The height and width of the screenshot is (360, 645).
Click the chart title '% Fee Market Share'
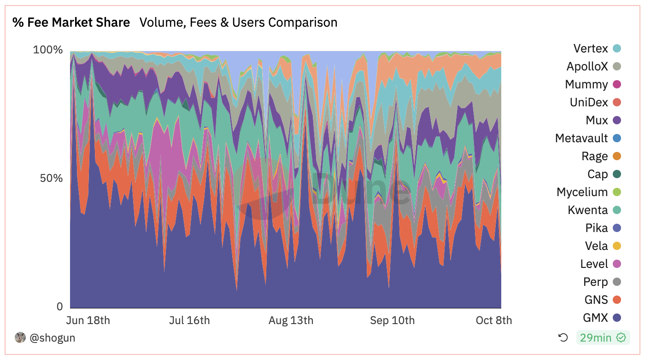tap(71, 22)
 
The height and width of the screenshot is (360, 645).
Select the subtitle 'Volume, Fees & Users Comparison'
tap(238, 22)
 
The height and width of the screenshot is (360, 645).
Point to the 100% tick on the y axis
tap(47, 50)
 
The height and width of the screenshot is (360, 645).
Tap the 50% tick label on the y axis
tap(51, 178)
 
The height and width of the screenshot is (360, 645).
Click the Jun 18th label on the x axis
tap(88, 320)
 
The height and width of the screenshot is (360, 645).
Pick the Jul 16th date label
tap(189, 320)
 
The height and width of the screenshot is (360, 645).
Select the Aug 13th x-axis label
tap(291, 320)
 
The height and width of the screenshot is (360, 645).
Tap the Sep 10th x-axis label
tap(392, 320)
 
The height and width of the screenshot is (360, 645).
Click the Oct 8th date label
tap(493, 320)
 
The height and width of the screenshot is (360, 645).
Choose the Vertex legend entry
tap(591, 48)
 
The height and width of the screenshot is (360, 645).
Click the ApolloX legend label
tap(587, 66)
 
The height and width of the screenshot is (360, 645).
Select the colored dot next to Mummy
tap(617, 84)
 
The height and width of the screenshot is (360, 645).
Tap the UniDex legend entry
tap(589, 102)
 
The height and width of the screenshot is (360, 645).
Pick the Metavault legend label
tap(581, 138)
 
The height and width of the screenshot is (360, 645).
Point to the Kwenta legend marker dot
tap(617, 210)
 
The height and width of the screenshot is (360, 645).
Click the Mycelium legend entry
tap(582, 192)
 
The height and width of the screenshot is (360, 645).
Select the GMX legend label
tap(595, 318)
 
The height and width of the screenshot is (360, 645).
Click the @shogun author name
tap(52, 338)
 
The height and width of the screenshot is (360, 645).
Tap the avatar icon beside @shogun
tap(20, 337)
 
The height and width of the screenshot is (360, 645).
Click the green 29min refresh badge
tap(603, 338)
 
